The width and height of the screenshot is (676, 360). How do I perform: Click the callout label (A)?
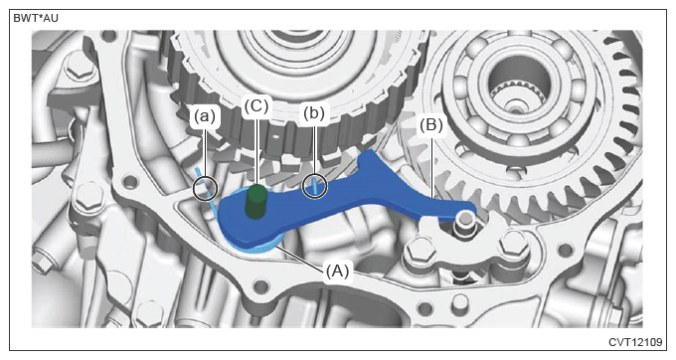[x=337, y=271]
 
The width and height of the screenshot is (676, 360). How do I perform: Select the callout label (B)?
[x=431, y=125]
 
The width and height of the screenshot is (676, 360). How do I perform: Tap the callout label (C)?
[x=256, y=106]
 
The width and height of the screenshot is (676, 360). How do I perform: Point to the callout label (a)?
[x=205, y=116]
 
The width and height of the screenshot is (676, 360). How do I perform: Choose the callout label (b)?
[x=314, y=113]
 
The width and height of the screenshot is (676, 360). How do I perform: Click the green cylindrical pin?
[x=256, y=201]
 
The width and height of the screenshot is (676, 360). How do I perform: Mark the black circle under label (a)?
[x=205, y=188]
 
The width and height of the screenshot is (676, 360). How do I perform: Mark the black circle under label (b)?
[x=315, y=187]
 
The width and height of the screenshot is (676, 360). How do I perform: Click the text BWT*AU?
[x=36, y=19]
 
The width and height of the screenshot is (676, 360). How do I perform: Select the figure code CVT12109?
[x=635, y=342]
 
